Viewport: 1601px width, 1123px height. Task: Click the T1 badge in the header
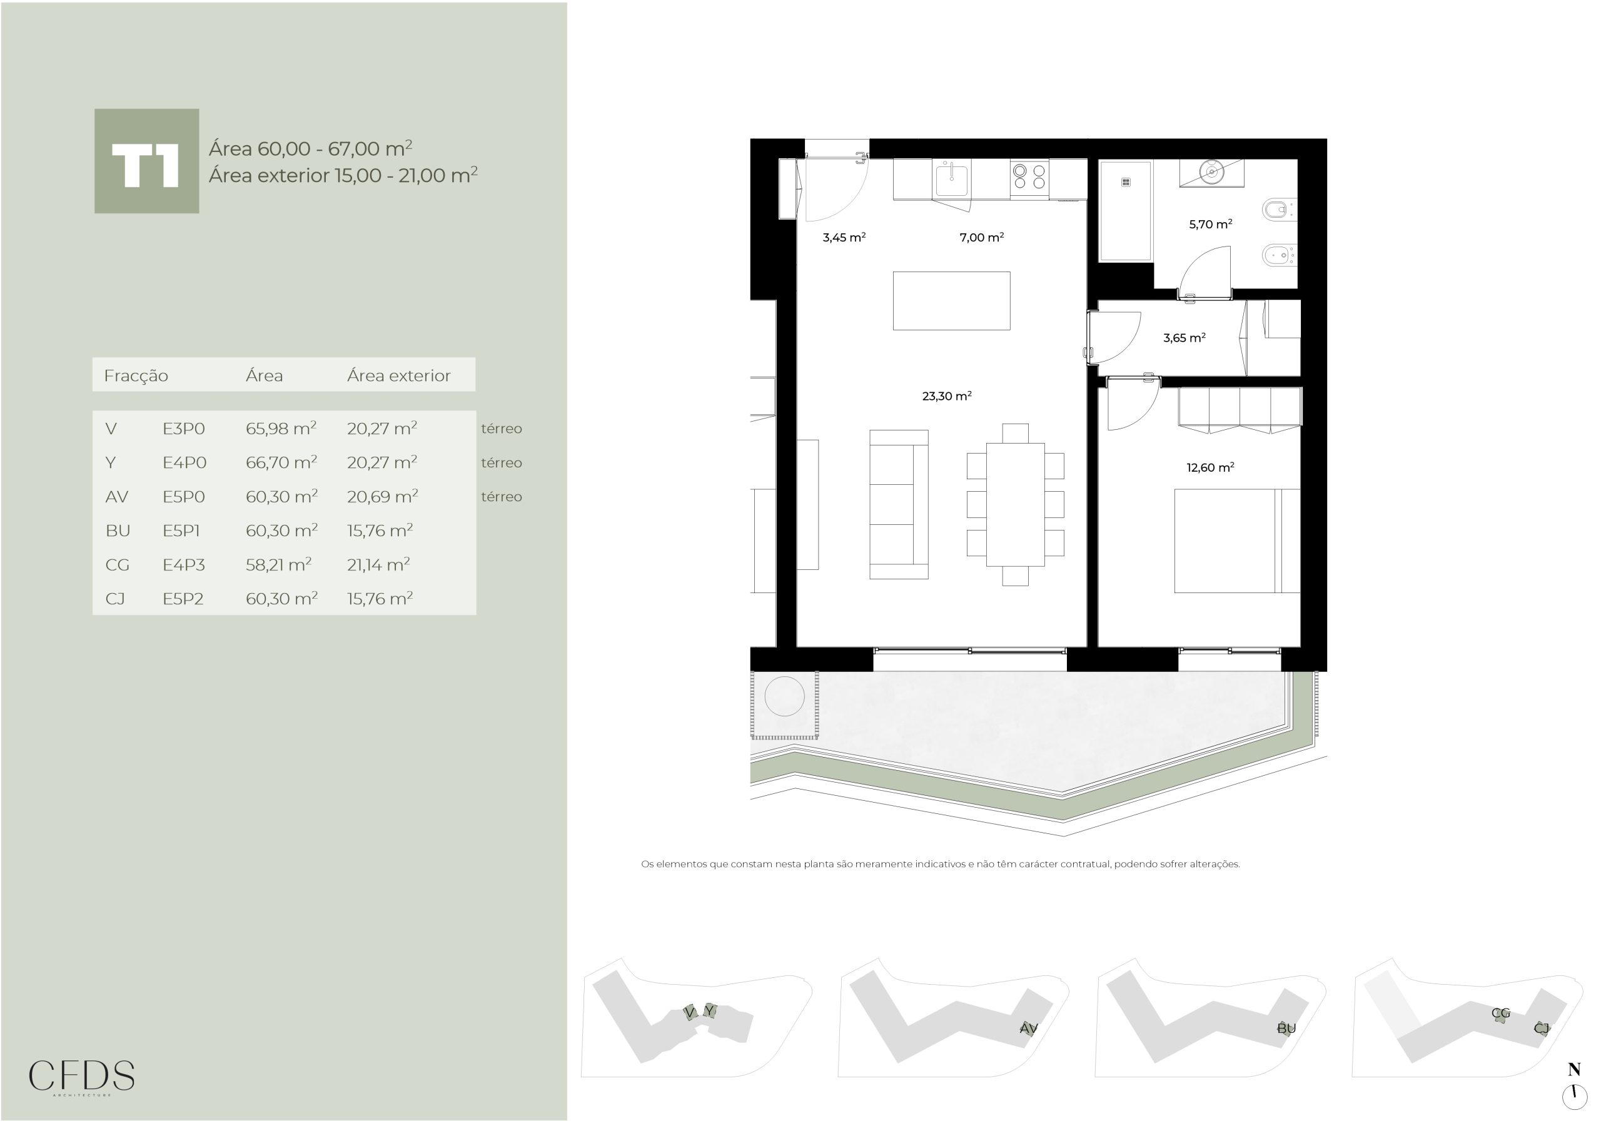pyautogui.click(x=146, y=161)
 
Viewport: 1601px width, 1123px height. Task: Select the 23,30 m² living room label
pyautogui.click(x=947, y=395)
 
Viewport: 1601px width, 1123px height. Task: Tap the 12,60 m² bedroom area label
pyautogui.click(x=1211, y=467)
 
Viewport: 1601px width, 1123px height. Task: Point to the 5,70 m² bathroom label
pyautogui.click(x=1211, y=224)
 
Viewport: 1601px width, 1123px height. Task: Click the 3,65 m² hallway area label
pyautogui.click(x=1184, y=338)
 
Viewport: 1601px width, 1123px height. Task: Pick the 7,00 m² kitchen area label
pyautogui.click(x=982, y=237)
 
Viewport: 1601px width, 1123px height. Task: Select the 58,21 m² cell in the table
pyautogui.click(x=278, y=564)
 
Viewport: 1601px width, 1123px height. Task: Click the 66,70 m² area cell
pyautogui.click(x=281, y=462)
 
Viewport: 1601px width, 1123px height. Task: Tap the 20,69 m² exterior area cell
pyautogui.click(x=382, y=496)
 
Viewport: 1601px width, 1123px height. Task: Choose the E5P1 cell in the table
pyautogui.click(x=181, y=531)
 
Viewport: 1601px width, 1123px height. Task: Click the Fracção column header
pyautogui.click(x=136, y=376)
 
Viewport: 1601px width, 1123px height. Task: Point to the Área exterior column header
pyautogui.click(x=399, y=375)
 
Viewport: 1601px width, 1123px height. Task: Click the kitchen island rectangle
pyautogui.click(x=951, y=301)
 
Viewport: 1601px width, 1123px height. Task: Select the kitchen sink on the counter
pyautogui.click(x=951, y=180)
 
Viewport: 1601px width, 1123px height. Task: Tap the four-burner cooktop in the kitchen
pyautogui.click(x=1029, y=177)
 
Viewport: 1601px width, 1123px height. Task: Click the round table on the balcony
pyautogui.click(x=784, y=696)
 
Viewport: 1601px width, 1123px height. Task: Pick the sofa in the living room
pyautogui.click(x=899, y=504)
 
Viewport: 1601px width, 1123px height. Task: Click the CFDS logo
pyautogui.click(x=81, y=1076)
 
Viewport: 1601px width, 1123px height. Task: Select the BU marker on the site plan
pyautogui.click(x=1286, y=1028)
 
